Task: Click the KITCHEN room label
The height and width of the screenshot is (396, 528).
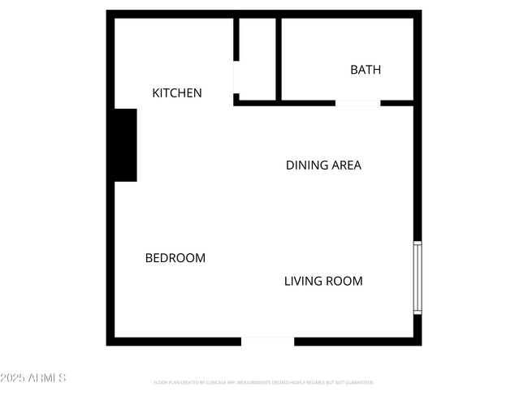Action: pyautogui.click(x=177, y=93)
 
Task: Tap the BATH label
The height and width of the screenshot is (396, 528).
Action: pyautogui.click(x=366, y=70)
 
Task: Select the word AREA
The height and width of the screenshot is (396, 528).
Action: pyautogui.click(x=346, y=166)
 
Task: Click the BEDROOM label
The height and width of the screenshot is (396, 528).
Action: pyautogui.click(x=175, y=259)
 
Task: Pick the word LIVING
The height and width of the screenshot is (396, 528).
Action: pyautogui.click(x=303, y=282)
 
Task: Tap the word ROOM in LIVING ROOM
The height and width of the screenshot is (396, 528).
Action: pyautogui.click(x=344, y=282)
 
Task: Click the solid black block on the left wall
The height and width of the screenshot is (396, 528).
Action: pyautogui.click(x=125, y=145)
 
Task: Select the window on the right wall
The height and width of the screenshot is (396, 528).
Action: pyautogui.click(x=418, y=278)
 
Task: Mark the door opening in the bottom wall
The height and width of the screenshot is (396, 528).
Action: pyautogui.click(x=267, y=342)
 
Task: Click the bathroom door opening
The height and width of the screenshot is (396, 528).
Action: pyautogui.click(x=358, y=103)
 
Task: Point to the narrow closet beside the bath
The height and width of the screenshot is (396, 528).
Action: pyautogui.click(x=258, y=57)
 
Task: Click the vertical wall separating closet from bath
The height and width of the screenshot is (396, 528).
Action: pyautogui.click(x=279, y=58)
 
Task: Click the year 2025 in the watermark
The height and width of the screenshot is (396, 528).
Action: pyautogui.click(x=14, y=378)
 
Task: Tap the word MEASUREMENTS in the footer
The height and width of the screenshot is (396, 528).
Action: pyautogui.click(x=253, y=382)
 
